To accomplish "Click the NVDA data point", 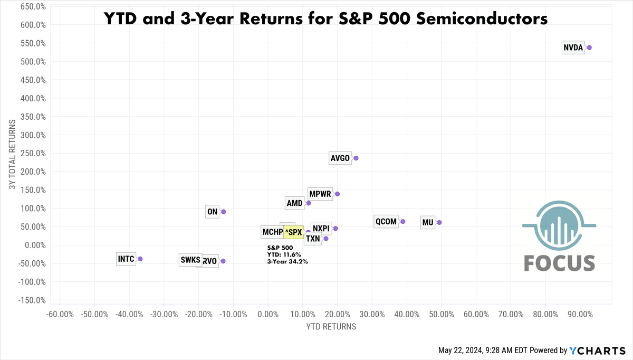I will (x=589, y=48).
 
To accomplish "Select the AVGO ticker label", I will (x=340, y=158).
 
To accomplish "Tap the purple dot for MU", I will (x=439, y=222).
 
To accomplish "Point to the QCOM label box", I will (x=386, y=222).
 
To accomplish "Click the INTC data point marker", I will (x=140, y=259).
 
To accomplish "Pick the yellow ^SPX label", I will (x=293, y=232).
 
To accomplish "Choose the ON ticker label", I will (x=213, y=212).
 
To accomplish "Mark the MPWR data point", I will (x=337, y=194).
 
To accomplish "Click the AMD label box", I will (x=294, y=203).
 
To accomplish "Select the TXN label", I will (x=313, y=239).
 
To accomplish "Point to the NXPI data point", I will (x=335, y=229).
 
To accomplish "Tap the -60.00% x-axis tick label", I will (x=60, y=314).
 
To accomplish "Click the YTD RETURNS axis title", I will (x=331, y=327).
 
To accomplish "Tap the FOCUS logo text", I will (x=559, y=263).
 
